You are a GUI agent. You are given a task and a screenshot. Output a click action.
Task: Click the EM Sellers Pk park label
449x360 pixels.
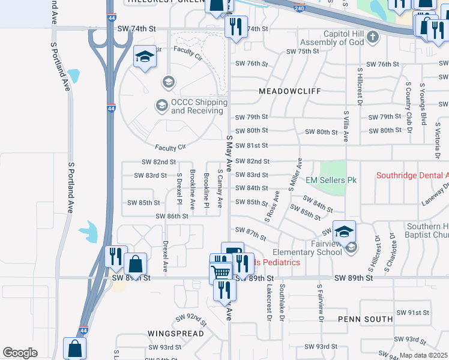point(331,180)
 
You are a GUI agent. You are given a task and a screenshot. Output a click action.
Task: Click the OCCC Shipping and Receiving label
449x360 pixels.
point(191,106)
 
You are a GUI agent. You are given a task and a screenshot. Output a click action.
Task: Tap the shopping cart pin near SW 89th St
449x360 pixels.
point(221,271)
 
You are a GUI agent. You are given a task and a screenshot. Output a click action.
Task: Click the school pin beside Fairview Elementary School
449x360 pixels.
point(345,232)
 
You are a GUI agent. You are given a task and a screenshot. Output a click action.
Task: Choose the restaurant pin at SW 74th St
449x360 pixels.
point(235,26)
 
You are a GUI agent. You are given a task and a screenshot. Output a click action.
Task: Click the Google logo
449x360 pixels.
point(20,353)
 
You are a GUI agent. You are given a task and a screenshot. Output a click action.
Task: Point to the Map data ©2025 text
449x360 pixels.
point(424,355)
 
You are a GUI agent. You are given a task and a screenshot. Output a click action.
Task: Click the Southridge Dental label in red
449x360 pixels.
point(412,176)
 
